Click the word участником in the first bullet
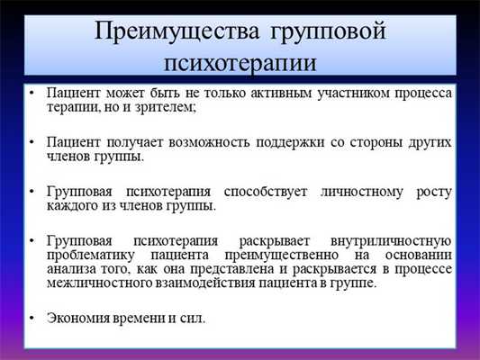(338, 94)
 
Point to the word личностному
(358, 193)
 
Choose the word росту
(430, 193)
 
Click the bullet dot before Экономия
(32, 319)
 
